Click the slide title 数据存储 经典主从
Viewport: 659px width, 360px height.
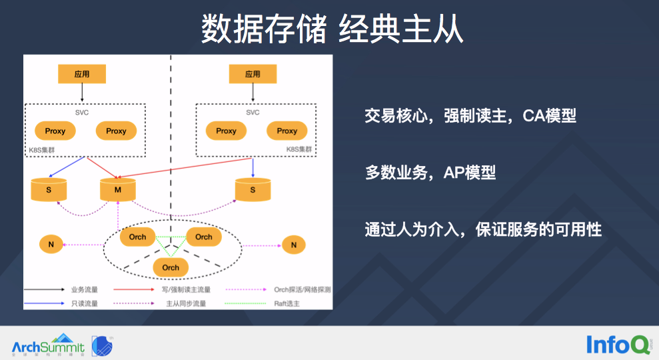(329, 29)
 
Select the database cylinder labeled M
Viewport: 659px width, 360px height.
(117, 189)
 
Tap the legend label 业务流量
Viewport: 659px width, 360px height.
(85, 290)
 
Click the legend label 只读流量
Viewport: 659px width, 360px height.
(85, 304)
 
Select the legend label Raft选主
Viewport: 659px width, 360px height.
(288, 304)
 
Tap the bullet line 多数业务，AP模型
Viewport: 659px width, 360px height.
(430, 173)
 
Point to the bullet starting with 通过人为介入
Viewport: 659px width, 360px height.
(482, 230)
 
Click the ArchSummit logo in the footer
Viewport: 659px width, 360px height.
(49, 345)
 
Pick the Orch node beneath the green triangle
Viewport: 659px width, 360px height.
(171, 267)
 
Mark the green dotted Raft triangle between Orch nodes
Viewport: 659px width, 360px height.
(171, 244)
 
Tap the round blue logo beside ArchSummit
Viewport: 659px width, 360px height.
(102, 344)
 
